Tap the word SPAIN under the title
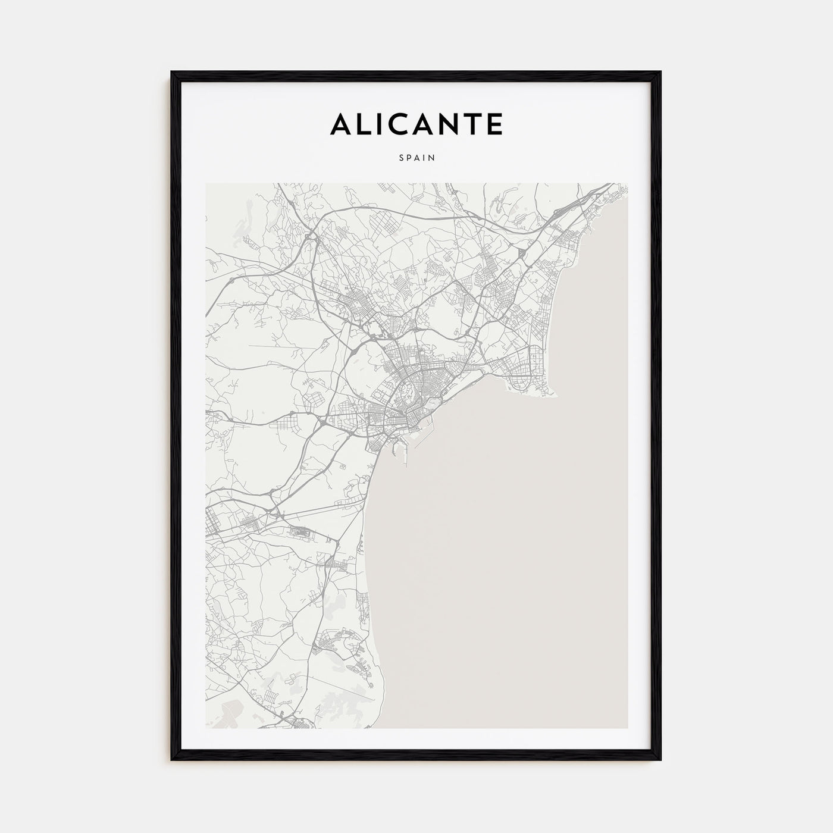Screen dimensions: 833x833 click(x=416, y=158)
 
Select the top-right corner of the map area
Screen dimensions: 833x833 click(x=627, y=183)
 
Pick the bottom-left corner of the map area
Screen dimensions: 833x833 click(x=206, y=728)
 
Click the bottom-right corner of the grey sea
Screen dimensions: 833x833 click(x=627, y=728)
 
